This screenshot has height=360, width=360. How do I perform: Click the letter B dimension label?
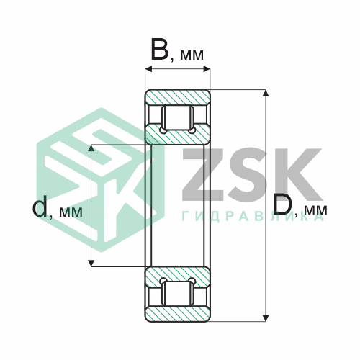point(160,49)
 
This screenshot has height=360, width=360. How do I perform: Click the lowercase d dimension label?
point(40,206)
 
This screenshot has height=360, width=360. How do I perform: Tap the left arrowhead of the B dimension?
point(149,69)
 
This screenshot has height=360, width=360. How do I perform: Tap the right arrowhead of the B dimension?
point(207,69)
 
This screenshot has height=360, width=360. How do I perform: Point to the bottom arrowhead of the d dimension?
point(91,263)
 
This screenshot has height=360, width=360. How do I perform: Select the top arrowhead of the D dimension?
point(265,93)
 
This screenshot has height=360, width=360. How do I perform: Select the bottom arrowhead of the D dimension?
point(265,318)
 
